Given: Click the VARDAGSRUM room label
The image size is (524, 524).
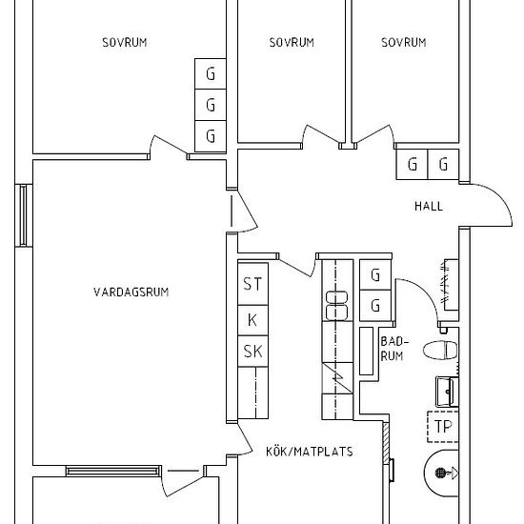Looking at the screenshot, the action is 131,292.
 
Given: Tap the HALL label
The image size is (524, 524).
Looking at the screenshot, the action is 429,206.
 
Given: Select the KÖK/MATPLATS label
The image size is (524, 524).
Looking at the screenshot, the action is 310,452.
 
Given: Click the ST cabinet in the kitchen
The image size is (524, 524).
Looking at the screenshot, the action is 253,284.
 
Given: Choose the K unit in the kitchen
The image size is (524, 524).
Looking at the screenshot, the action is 253,320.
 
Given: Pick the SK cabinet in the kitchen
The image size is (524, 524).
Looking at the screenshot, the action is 253,352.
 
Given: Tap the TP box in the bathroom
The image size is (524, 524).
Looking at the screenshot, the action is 443,427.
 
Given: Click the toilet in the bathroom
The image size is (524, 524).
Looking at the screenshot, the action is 440,351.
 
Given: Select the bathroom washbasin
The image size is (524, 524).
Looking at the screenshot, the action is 447,392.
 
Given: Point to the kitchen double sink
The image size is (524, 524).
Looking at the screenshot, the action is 336,306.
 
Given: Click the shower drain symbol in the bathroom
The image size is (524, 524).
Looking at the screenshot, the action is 441,473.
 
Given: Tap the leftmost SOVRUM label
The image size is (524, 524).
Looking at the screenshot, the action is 125,43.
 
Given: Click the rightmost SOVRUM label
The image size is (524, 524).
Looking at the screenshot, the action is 404,43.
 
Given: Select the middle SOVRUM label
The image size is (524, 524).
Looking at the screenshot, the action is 292,43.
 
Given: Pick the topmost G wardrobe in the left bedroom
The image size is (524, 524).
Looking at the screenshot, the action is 211,74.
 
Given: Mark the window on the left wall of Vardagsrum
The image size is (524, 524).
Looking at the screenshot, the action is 23,215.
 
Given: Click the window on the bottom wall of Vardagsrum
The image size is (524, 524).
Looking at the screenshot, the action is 113,471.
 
